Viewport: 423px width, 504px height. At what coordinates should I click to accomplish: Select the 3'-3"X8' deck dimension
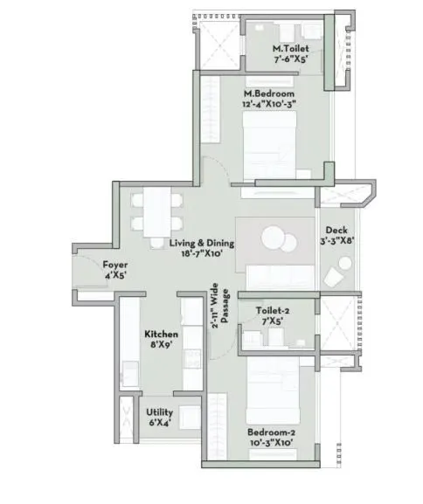click(x=336, y=244)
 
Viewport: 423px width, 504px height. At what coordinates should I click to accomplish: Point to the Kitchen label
click(x=162, y=335)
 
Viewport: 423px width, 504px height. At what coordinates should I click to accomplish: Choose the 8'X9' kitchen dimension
click(x=162, y=347)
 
